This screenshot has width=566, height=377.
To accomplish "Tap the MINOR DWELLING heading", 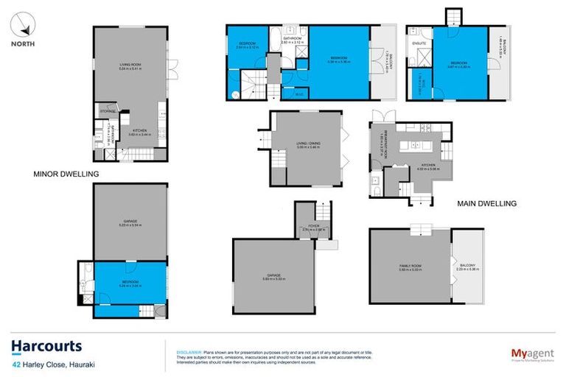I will tap(66, 174).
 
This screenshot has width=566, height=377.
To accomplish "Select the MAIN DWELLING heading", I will tap(487, 203).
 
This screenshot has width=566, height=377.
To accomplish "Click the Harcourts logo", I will tap(46, 346).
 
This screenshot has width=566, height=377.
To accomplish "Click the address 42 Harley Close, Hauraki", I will tap(56, 364).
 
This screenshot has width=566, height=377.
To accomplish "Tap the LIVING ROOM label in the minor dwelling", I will tap(130, 65).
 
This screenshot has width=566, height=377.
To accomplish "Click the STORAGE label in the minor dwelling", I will tap(107, 111).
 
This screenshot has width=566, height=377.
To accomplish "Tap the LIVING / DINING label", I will tap(307, 144).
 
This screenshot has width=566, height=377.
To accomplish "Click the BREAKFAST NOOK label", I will tap(382, 144).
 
